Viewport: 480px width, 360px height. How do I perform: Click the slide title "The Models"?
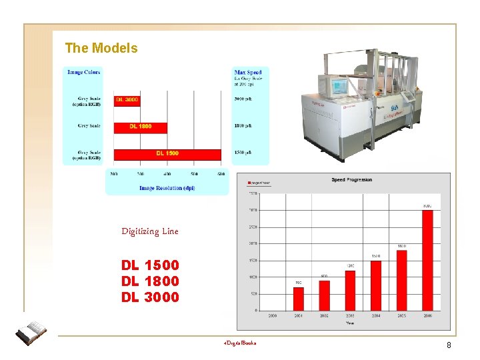(x=101, y=49)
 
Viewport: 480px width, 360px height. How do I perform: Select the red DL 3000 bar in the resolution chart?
(x=127, y=100)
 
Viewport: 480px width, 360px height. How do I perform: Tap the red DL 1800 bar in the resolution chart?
(x=140, y=126)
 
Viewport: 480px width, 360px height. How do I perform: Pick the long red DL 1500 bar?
(x=167, y=153)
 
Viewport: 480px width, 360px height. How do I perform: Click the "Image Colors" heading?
(x=84, y=72)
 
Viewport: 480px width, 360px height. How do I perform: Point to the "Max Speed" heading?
(x=248, y=72)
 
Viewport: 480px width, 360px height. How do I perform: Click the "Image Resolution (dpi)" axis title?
(x=167, y=188)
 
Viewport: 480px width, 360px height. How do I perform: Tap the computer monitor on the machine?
(x=339, y=87)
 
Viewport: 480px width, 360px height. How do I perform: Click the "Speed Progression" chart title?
(x=351, y=180)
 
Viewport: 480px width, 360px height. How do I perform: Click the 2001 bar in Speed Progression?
(x=299, y=298)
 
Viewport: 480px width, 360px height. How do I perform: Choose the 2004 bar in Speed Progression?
(x=376, y=285)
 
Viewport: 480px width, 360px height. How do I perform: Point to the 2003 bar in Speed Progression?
(x=350, y=290)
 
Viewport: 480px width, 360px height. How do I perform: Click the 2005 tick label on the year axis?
(x=402, y=315)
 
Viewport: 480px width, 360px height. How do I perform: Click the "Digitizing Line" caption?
(x=150, y=231)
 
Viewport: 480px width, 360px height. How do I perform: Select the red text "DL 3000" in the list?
(x=150, y=297)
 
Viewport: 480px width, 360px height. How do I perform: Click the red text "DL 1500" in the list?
(x=150, y=265)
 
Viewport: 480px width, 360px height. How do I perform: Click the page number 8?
(x=449, y=345)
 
